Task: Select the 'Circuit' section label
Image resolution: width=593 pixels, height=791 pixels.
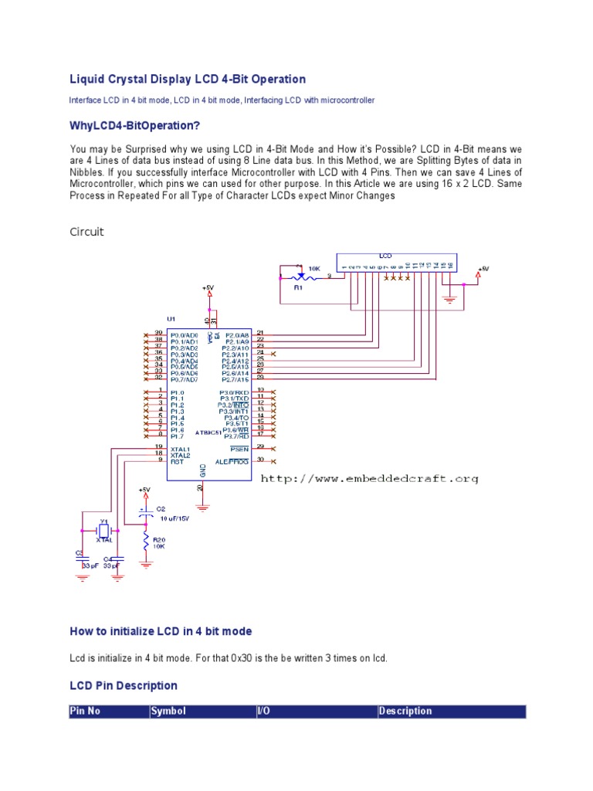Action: pos(86,232)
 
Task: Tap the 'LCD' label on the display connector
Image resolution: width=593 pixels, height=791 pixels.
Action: pos(385,255)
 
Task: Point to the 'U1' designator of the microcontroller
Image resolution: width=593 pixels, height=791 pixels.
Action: pos(171,318)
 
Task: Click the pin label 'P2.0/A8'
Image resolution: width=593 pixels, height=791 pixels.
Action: pos(237,334)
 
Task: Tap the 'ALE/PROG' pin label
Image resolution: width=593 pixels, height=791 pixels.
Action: pos(233,460)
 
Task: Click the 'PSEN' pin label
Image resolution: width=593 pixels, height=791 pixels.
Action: pos(239,449)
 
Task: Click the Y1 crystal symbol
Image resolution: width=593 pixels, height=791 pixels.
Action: pos(103,531)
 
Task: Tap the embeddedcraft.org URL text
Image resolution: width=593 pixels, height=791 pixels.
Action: pos(370,479)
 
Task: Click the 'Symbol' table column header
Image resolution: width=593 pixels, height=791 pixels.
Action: pos(168,711)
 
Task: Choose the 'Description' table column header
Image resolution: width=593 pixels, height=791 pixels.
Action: pos(405,711)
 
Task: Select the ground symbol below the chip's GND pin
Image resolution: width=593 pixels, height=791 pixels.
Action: pos(202,507)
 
